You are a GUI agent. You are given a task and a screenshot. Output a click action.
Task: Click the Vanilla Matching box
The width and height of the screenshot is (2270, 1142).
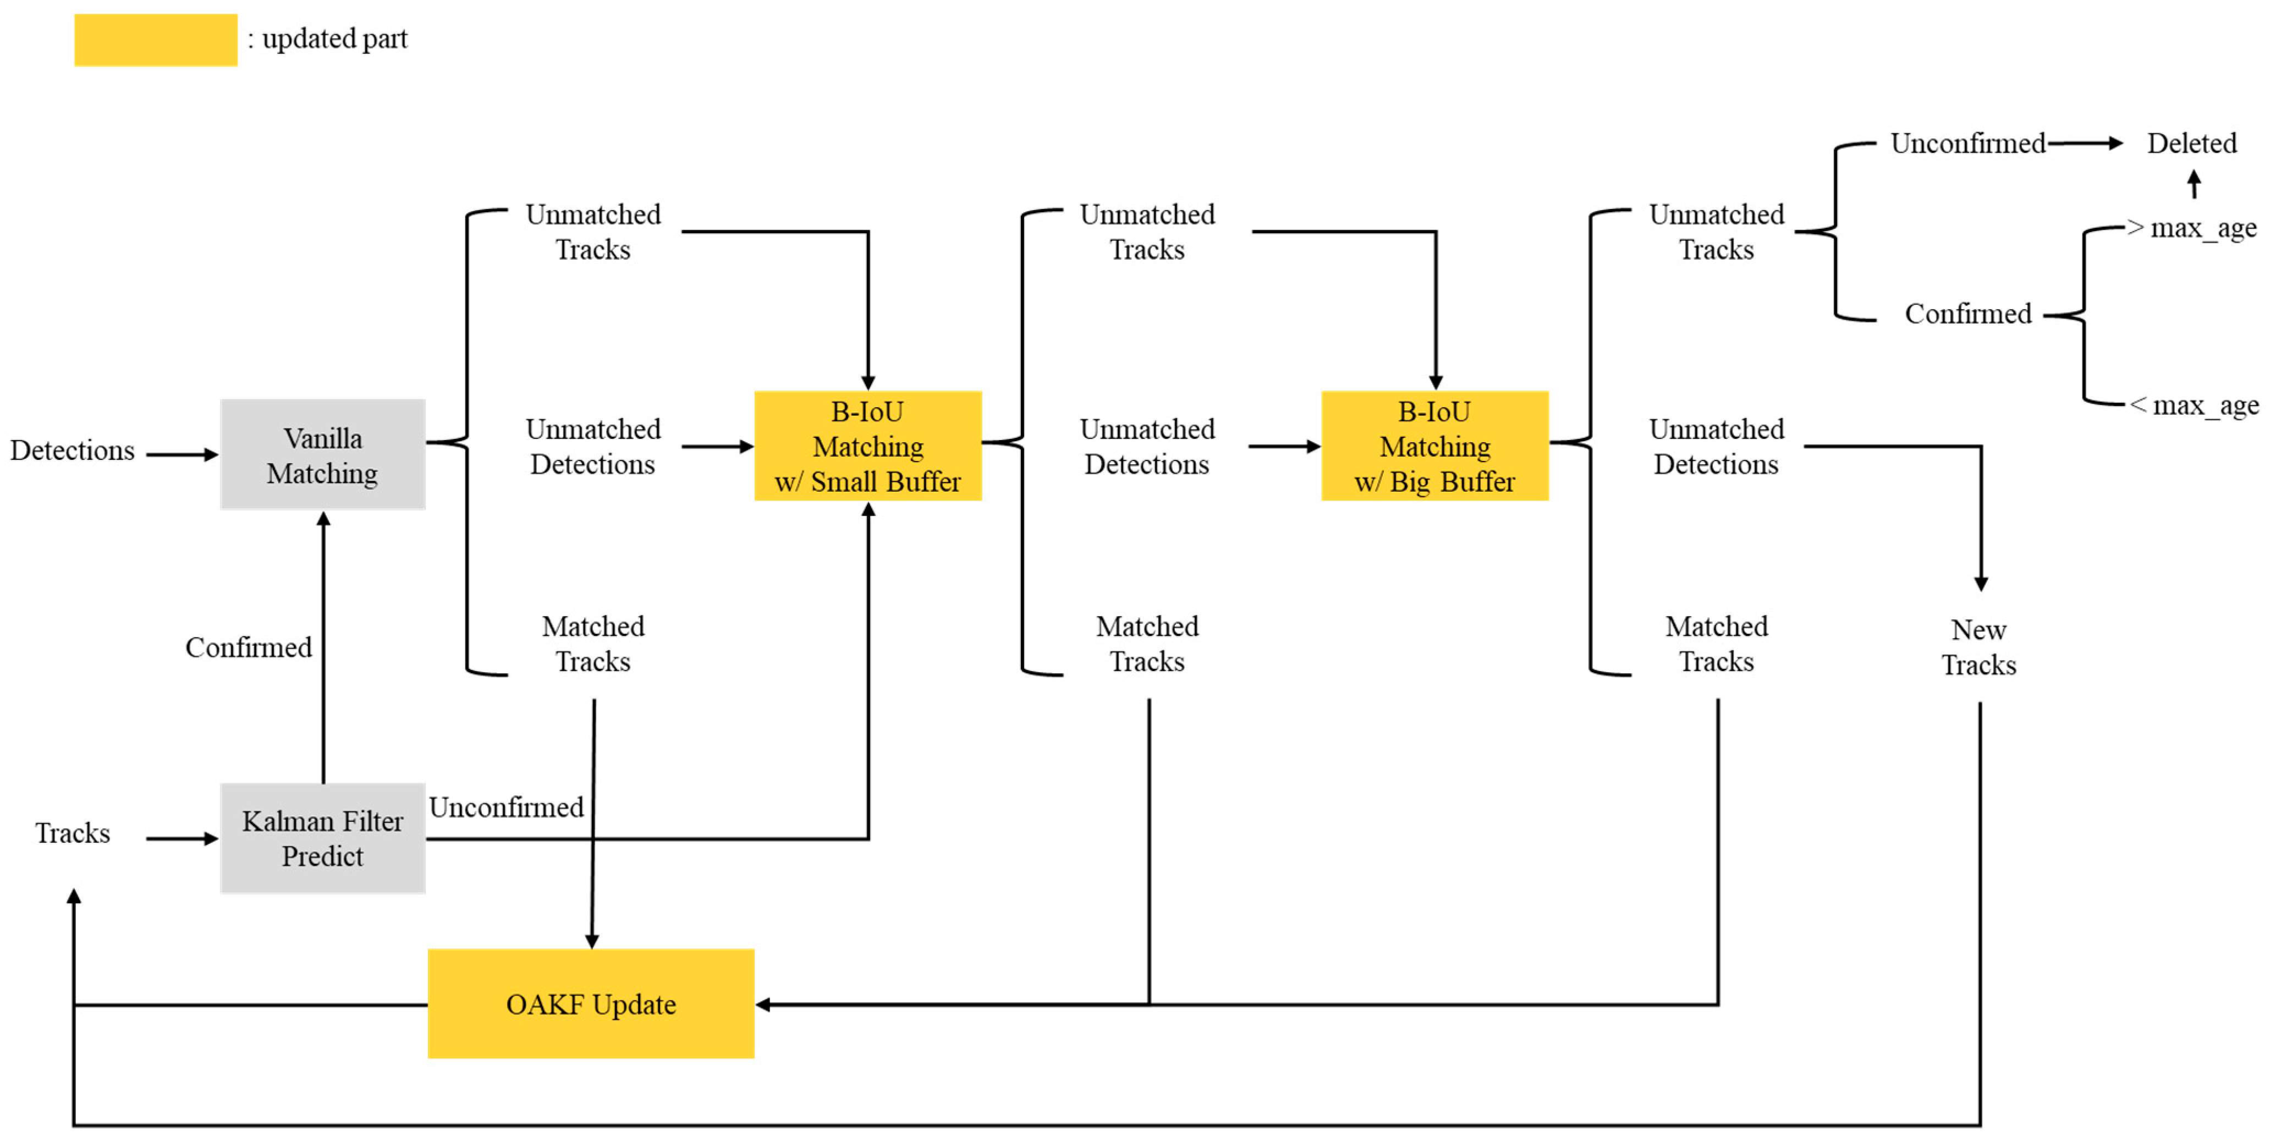point(322,455)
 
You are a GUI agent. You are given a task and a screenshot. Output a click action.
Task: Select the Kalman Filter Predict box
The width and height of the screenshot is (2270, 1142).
point(322,838)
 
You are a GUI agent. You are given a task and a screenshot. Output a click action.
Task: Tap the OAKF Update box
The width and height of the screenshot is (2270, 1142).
point(590,1004)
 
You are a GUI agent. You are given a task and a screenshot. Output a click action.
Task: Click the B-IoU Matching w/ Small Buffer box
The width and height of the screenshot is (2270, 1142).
point(868,446)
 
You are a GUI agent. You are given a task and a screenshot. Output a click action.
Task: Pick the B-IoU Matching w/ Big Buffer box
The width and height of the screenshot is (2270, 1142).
point(1434,446)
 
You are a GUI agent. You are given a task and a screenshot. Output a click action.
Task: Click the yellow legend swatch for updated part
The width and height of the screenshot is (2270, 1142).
point(155,40)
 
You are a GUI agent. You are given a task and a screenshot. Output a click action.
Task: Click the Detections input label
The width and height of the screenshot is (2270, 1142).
point(72,451)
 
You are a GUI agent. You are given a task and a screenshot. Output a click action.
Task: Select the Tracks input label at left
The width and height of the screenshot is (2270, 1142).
point(72,833)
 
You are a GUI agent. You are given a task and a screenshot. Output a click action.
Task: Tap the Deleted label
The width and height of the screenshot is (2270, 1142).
point(2191,143)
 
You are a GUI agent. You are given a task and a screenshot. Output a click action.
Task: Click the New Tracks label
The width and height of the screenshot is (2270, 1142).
point(1978,647)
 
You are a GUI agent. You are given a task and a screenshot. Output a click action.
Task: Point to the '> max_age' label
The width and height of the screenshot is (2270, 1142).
point(2191,228)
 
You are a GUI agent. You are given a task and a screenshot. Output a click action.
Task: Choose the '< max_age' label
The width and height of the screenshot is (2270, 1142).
point(2194,405)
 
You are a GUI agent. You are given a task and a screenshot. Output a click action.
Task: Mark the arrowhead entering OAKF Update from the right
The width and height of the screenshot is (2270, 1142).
point(763,1004)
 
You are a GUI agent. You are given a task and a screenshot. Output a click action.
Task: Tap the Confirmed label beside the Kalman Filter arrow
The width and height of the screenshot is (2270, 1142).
point(249,647)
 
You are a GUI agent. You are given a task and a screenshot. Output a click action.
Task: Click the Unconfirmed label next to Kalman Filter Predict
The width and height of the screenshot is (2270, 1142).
point(506,807)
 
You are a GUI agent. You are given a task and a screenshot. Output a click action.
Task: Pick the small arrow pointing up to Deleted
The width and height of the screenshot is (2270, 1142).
point(2194,184)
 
